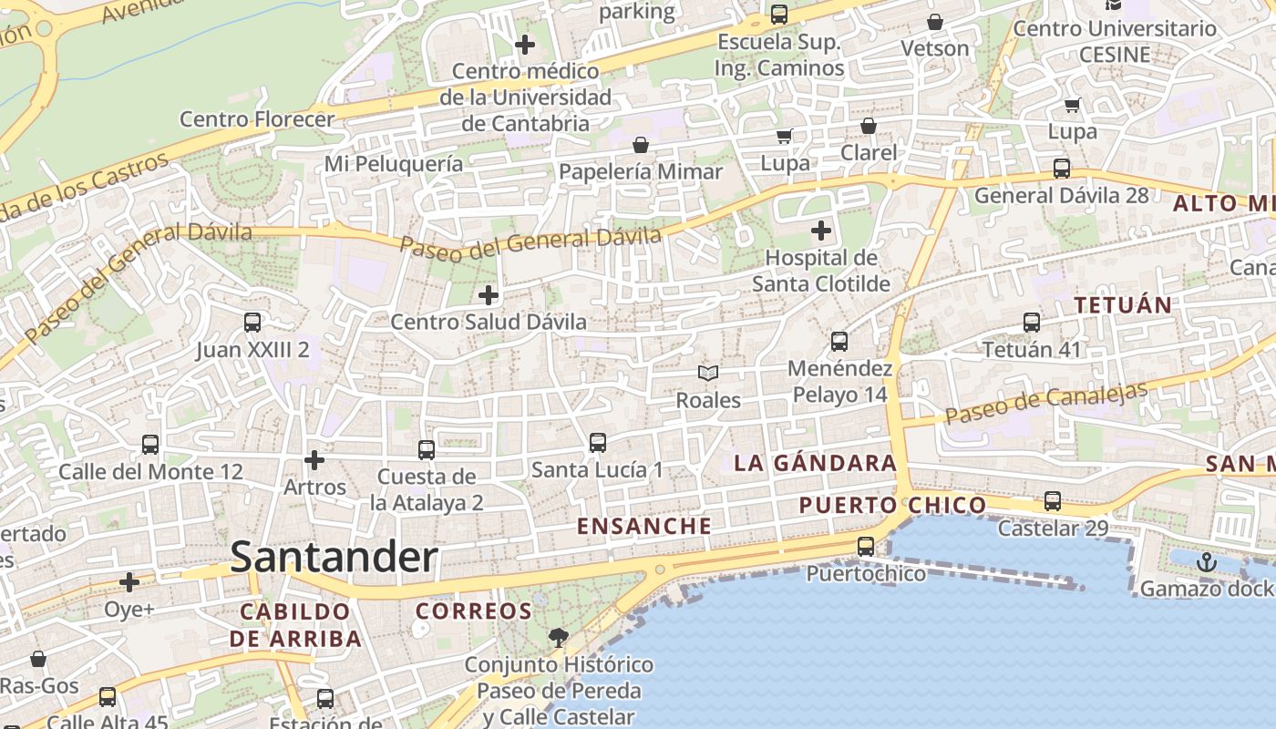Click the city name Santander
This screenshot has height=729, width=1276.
tap(334, 557)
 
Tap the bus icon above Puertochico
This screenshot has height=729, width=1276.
tap(866, 547)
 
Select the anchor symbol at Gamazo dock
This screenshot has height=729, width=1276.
tap(1207, 561)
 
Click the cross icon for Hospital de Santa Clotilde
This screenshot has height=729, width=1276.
tap(821, 231)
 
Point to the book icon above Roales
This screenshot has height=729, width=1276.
tap(708, 373)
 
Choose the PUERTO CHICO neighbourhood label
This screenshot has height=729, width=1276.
tap(892, 505)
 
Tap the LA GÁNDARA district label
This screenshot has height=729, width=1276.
tap(816, 463)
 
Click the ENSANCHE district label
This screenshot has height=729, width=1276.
tap(644, 526)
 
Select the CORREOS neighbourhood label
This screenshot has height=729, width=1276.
tap(474, 611)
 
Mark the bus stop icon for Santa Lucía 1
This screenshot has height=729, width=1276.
tap(598, 443)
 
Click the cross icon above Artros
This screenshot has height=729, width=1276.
tap(314, 460)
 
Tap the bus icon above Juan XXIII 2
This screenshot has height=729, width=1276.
tap(252, 323)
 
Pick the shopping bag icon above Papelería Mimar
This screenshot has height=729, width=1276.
tap(641, 145)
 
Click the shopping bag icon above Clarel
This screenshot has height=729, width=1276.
tap(869, 126)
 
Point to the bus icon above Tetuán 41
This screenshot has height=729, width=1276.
tap(1032, 323)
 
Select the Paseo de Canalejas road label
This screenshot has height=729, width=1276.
tap(1045, 403)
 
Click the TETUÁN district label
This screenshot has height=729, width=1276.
tap(1123, 305)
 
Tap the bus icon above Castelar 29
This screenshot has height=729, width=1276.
tap(1053, 501)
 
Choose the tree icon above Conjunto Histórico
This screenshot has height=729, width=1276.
tap(558, 638)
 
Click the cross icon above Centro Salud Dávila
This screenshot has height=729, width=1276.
tap(489, 295)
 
